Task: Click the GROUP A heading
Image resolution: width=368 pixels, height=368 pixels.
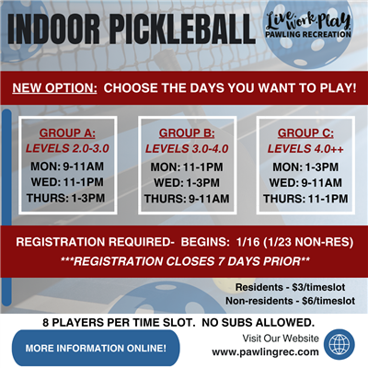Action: pyautogui.click(x=69, y=132)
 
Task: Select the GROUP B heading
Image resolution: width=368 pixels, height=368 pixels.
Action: pyautogui.click(x=182, y=132)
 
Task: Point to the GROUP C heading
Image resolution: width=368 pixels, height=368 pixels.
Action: pyautogui.click(x=295, y=132)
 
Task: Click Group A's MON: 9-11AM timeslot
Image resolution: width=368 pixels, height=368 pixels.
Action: pyautogui.click(x=69, y=167)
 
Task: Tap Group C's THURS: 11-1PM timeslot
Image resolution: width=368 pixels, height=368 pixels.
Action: pyautogui.click(x=295, y=197)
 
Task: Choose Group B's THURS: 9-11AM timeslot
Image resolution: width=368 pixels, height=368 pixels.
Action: pyautogui.click(x=182, y=197)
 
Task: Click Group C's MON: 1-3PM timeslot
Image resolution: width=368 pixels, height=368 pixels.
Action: pyautogui.click(x=295, y=167)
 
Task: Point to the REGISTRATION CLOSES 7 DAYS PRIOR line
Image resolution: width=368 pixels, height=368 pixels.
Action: pyautogui.click(x=183, y=262)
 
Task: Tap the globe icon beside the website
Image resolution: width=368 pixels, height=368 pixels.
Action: pyautogui.click(x=339, y=345)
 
